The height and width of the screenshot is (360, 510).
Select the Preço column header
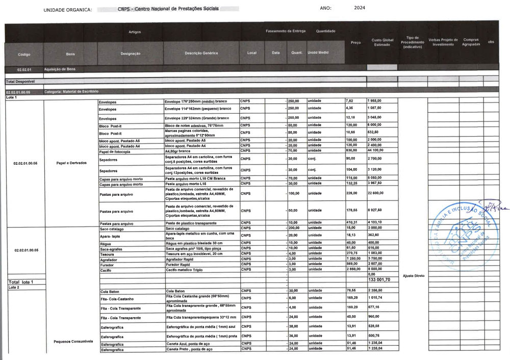coord(356,42)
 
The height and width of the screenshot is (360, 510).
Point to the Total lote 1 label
coord(21,282)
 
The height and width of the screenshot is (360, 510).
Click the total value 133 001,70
coord(379,279)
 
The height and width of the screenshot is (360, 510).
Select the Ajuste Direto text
coord(413,276)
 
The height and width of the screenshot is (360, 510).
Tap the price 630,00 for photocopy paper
coord(351,150)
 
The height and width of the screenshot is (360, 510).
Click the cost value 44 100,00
coord(375,150)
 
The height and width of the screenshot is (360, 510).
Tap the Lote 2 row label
coord(14,288)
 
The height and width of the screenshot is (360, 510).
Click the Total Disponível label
coord(20,81)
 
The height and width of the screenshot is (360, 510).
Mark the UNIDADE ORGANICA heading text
coord(68,10)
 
